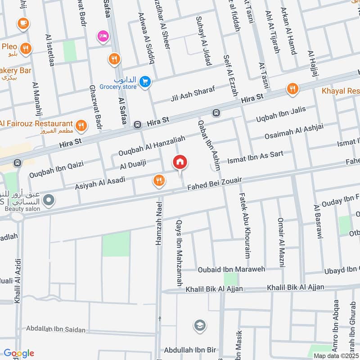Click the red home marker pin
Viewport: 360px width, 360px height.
click(x=180, y=162)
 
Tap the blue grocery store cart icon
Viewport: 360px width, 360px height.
click(x=144, y=81)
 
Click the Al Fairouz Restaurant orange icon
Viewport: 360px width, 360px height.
click(x=81, y=126)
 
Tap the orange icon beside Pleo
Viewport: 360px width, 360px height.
click(x=26, y=48)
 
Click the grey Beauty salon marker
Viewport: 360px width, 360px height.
click(x=50, y=199)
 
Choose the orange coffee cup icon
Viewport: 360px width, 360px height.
click(x=22, y=23)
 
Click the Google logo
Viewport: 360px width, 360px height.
click(x=18, y=353)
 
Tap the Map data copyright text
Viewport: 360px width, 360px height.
click(x=336, y=355)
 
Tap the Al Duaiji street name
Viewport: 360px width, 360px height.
click(x=134, y=166)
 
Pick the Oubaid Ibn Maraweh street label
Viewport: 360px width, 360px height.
click(x=231, y=270)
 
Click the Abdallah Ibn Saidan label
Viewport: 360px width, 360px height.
click(x=56, y=329)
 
